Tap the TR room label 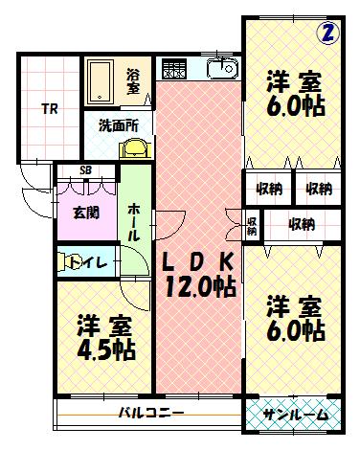coord(48,108)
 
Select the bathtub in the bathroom coord(101,80)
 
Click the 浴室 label coord(133,82)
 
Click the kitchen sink coord(220,69)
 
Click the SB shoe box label coord(86,171)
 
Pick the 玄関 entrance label coord(85,213)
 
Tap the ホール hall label coord(134,220)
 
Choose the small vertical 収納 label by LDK coord(252,225)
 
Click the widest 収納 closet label coord(302,225)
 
